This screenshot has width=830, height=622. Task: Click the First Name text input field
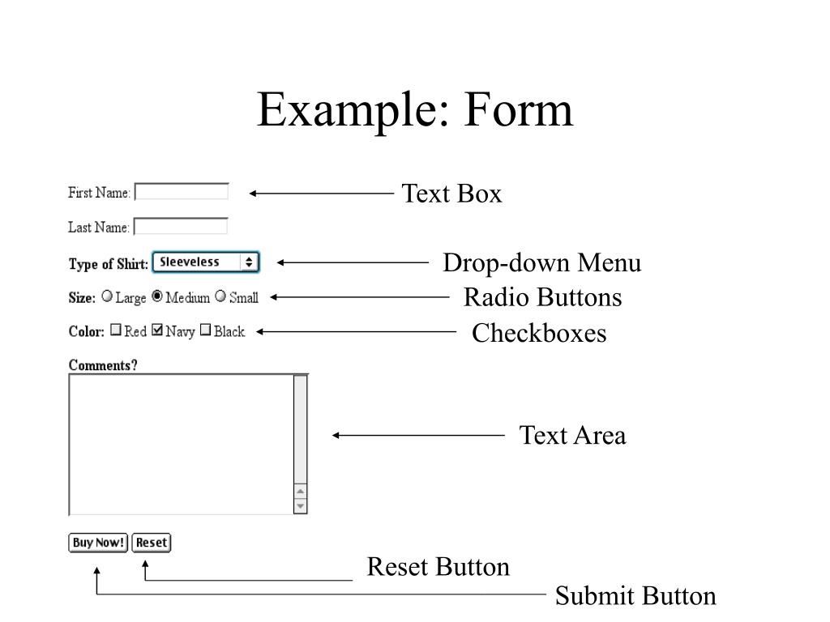(x=182, y=191)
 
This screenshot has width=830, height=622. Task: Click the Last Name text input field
(x=181, y=227)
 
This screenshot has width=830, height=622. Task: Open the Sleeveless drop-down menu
(x=206, y=262)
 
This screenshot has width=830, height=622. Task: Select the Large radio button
(x=107, y=296)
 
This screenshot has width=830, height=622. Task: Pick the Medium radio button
(x=157, y=296)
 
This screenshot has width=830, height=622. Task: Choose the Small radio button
(x=220, y=296)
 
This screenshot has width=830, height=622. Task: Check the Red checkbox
(x=116, y=330)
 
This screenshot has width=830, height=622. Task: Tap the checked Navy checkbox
(x=157, y=330)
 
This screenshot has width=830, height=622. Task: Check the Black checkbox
(x=205, y=330)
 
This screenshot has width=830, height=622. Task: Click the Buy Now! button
(x=98, y=543)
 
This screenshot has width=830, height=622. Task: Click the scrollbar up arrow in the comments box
(x=300, y=492)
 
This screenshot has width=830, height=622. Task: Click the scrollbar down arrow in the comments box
(x=300, y=506)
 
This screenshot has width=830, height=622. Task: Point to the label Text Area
(x=572, y=435)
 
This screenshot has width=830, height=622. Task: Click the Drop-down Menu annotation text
(x=542, y=263)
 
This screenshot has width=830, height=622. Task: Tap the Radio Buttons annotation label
(x=542, y=297)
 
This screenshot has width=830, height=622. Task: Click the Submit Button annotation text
(x=635, y=595)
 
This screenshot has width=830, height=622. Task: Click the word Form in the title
(x=519, y=109)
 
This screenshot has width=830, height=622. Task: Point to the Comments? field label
(x=103, y=365)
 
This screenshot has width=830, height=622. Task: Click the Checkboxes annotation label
(x=539, y=333)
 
